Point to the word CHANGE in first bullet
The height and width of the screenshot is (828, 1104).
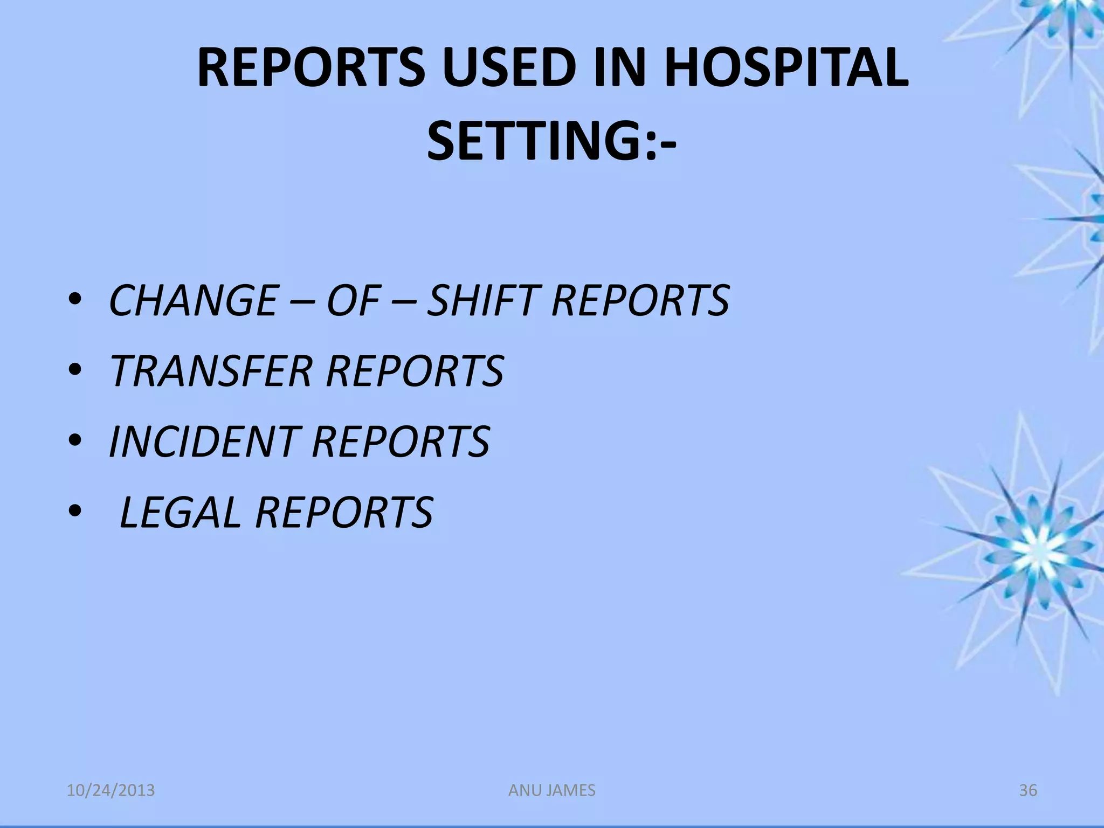pyautogui.click(x=193, y=300)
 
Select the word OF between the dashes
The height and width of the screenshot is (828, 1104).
pyautogui.click(x=353, y=300)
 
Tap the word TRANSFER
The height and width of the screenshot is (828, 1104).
pyautogui.click(x=211, y=371)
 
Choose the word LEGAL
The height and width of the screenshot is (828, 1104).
pyautogui.click(x=180, y=512)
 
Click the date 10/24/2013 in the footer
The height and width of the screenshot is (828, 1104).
pyautogui.click(x=111, y=790)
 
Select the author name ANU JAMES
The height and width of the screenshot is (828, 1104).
pyautogui.click(x=552, y=790)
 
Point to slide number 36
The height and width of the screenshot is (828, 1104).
pyautogui.click(x=1027, y=790)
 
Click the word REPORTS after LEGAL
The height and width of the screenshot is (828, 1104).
pyautogui.click(x=344, y=512)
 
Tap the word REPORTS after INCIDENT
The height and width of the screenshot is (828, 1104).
pyautogui.click(x=401, y=441)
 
